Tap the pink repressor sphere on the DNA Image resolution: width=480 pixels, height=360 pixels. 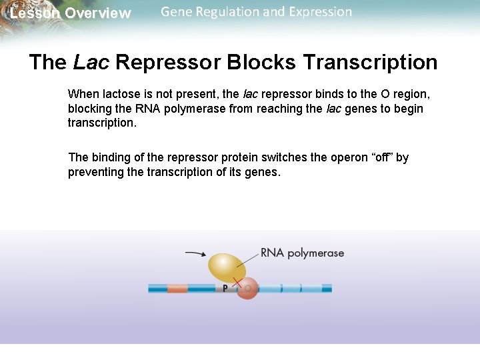[x=247, y=289]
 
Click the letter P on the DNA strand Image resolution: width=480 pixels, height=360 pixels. [x=225, y=289]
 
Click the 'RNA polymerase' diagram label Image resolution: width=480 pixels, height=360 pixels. [x=302, y=253]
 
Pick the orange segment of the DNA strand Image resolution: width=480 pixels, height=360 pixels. [x=177, y=289]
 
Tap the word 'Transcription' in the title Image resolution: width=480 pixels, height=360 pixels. [x=370, y=62]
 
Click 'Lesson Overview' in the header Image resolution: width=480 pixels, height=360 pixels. [x=71, y=13]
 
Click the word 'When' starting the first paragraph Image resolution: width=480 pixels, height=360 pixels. [x=82, y=95]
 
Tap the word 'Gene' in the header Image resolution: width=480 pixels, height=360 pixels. [x=175, y=11]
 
